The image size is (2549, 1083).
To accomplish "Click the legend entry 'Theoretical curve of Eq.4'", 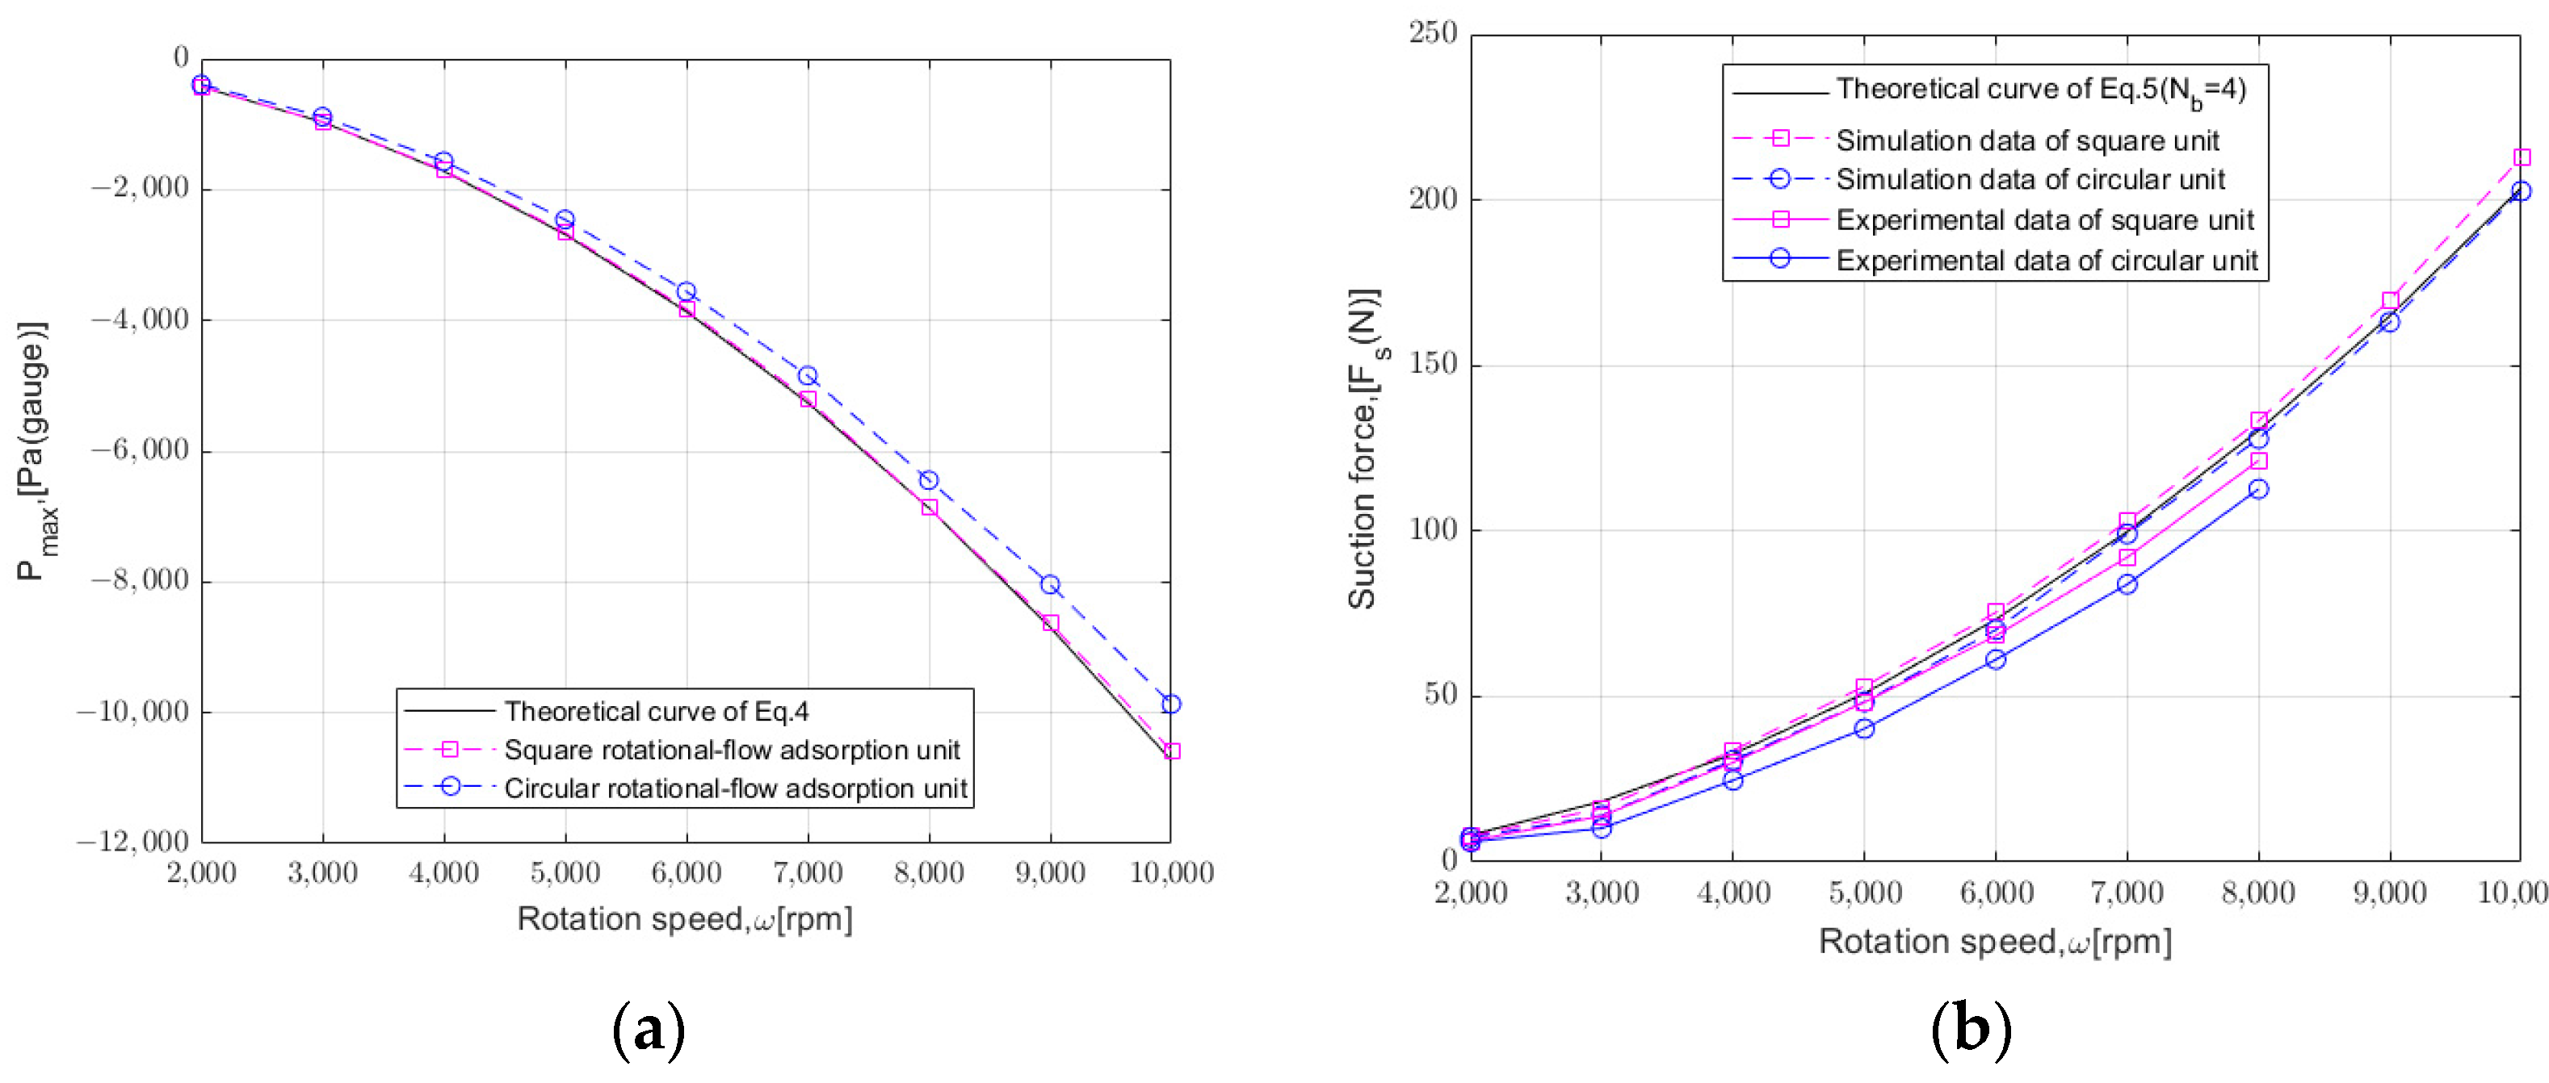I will pyautogui.click(x=656, y=711).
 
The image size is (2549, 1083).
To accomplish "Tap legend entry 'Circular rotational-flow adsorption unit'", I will pyautogui.click(x=735, y=788).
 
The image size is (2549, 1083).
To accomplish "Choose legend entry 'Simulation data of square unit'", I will pyautogui.click(x=2026, y=140).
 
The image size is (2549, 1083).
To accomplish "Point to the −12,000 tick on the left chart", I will pyautogui.click(x=132, y=842).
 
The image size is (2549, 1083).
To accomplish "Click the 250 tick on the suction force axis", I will pyautogui.click(x=1433, y=34).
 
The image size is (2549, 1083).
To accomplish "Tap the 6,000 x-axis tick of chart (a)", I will pyautogui.click(x=686, y=873).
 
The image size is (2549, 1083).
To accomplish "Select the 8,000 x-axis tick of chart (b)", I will pyautogui.click(x=2257, y=893).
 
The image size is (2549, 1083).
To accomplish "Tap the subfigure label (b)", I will pyautogui.click(x=1970, y=1030).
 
